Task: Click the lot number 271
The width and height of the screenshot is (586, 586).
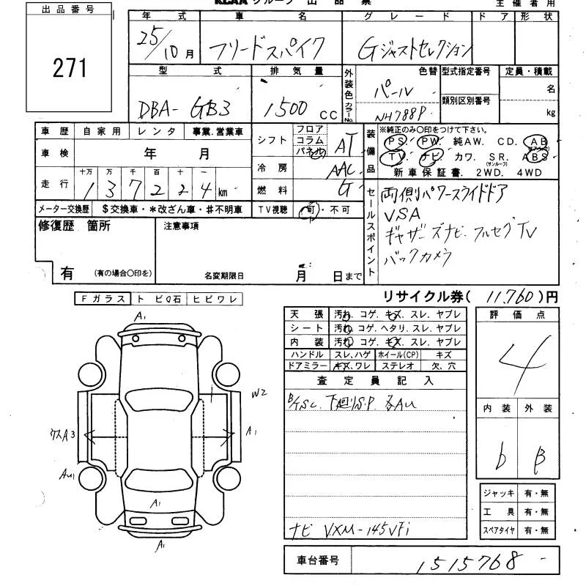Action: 70,68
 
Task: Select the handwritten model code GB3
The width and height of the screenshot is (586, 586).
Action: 209,108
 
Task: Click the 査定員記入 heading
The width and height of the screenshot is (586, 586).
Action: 375,380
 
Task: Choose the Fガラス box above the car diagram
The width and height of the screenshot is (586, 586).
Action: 102,298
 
